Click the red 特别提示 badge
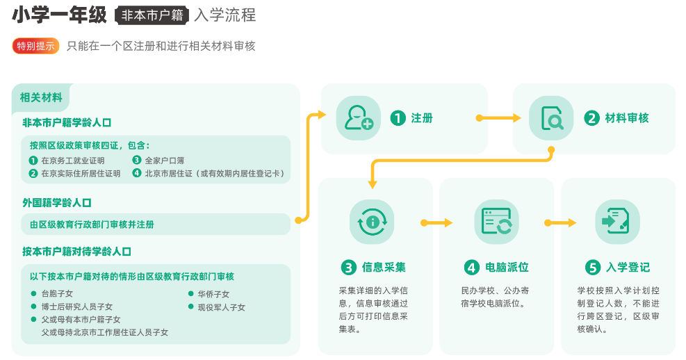click(x=35, y=46)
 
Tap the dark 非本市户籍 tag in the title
click(x=152, y=15)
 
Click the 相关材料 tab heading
click(x=41, y=97)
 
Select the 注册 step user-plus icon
click(x=358, y=118)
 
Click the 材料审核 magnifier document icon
click(x=551, y=118)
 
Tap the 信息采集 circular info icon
click(x=371, y=222)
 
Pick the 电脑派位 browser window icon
click(x=496, y=222)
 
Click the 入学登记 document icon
click(x=617, y=222)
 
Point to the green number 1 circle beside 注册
click(x=398, y=118)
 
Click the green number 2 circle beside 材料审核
click(x=591, y=118)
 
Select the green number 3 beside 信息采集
click(x=349, y=268)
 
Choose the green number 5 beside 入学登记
click(x=593, y=268)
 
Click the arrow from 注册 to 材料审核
click(x=499, y=118)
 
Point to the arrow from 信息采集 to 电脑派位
click(x=436, y=223)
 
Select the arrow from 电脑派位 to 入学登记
click(x=560, y=223)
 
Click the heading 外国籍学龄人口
click(x=57, y=202)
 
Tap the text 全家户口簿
click(x=164, y=160)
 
